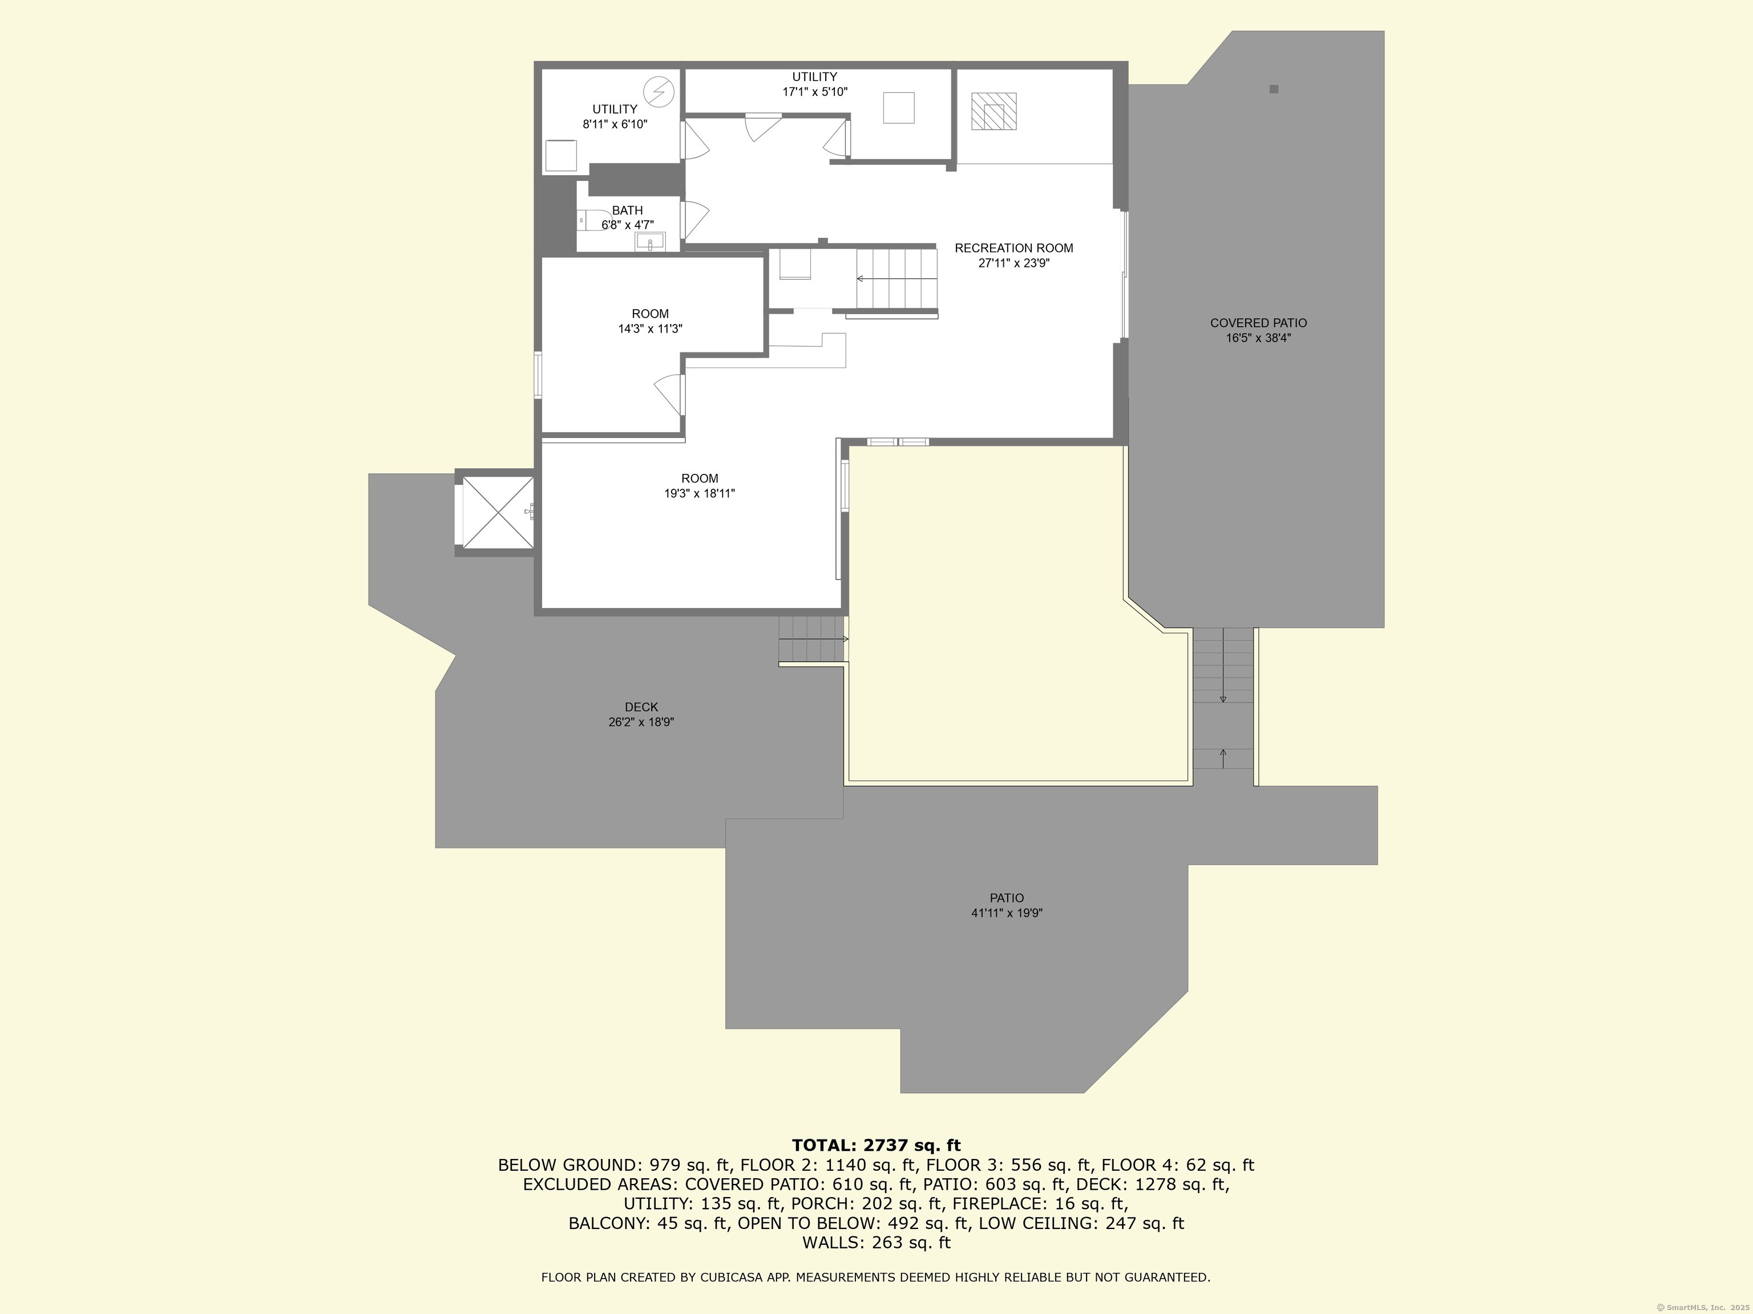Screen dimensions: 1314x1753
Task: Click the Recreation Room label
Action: [1013, 248]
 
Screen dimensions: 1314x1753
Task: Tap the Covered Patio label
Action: [1258, 323]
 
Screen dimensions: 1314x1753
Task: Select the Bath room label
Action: [627, 210]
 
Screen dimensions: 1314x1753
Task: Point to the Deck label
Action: [641, 707]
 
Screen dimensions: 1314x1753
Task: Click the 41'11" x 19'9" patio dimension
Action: [1007, 913]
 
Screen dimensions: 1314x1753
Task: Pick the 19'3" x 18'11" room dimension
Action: [700, 493]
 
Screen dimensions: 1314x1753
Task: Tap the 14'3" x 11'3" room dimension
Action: [650, 328]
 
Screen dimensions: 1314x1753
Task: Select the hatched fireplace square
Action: [994, 112]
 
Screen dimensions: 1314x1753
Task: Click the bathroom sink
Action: [650, 242]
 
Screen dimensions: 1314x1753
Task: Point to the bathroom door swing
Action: [695, 220]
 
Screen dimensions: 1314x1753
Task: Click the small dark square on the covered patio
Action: [1274, 90]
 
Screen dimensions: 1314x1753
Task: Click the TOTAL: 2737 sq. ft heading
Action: [876, 1145]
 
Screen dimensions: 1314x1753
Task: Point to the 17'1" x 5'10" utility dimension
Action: [815, 92]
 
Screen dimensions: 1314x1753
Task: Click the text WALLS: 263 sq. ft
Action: [876, 1243]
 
